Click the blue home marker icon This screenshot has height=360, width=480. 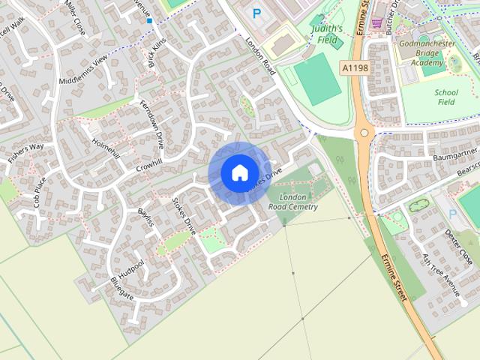tap(239, 172)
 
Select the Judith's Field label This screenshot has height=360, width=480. tap(327, 34)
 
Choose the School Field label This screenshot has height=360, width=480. tap(446, 97)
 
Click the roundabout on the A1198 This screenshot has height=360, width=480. tap(365, 133)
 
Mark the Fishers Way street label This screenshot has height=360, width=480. tap(25, 152)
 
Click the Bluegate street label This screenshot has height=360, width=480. tap(121, 288)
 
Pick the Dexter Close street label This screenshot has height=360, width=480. tap(458, 247)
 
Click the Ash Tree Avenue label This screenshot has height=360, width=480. tap(441, 273)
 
